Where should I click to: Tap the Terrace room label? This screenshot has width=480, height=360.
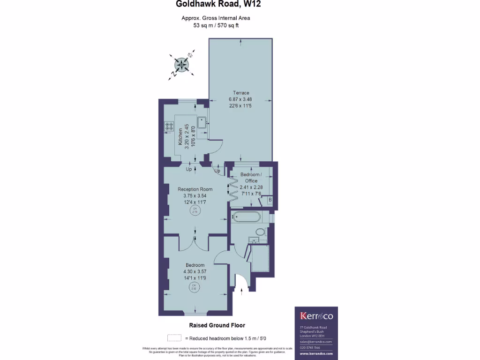point(240,93)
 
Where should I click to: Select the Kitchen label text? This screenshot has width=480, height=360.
point(180,136)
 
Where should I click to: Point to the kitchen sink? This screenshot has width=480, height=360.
point(202,122)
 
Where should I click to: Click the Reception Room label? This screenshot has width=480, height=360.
point(195,189)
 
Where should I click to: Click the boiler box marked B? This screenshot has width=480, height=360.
point(270,200)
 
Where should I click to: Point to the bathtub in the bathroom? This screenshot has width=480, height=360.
point(246,217)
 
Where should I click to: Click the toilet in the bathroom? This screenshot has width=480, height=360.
point(260,232)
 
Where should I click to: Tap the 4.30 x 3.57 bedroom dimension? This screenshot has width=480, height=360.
point(195,271)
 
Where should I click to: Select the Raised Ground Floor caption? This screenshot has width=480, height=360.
point(217,325)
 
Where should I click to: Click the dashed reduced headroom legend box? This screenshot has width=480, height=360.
point(174,337)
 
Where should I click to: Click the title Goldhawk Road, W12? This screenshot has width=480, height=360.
point(218,5)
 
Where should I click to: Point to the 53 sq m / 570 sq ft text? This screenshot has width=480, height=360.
point(216,25)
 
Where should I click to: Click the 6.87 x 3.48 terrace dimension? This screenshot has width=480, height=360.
point(240,99)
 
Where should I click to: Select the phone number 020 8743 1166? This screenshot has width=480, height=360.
point(310,347)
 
